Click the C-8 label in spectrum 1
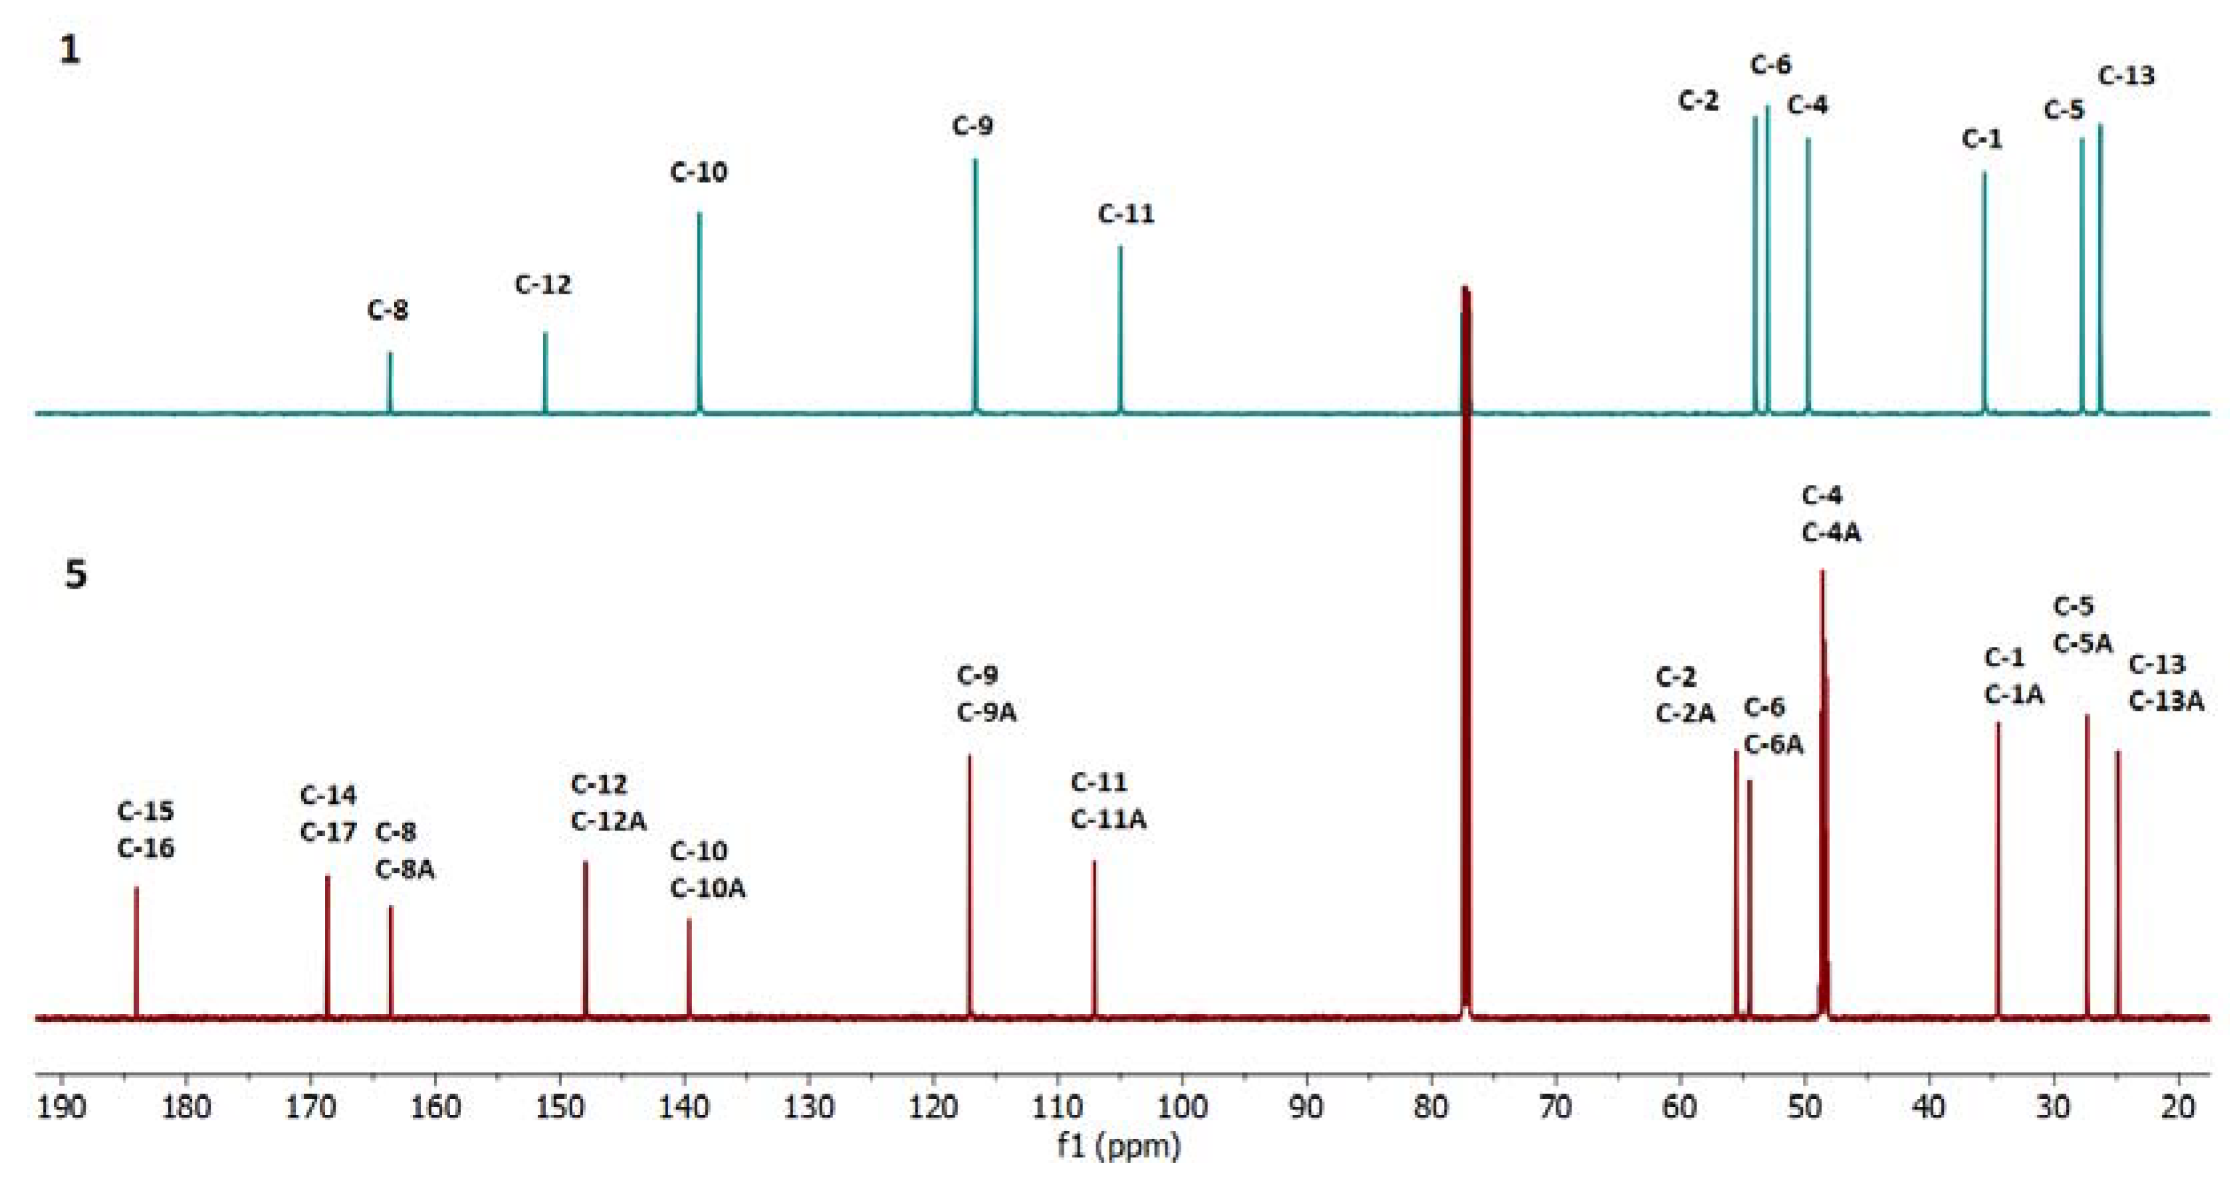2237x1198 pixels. (388, 310)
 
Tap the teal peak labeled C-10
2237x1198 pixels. (699, 312)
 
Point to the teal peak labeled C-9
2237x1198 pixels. (975, 286)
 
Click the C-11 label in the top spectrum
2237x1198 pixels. (1126, 213)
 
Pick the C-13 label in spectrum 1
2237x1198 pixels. (2126, 76)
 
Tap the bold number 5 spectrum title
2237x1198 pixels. (76, 575)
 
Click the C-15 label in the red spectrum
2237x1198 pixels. (145, 811)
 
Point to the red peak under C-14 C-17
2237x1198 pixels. (327, 946)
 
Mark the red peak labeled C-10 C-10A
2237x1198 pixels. (689, 968)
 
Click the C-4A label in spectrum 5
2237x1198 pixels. (1831, 533)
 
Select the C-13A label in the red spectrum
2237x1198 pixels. (2166, 702)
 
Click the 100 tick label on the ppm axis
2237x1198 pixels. (1182, 1108)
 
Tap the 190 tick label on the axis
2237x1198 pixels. (60, 1108)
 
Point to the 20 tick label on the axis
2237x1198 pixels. (2178, 1108)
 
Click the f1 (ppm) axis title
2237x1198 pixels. (1118, 1147)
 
